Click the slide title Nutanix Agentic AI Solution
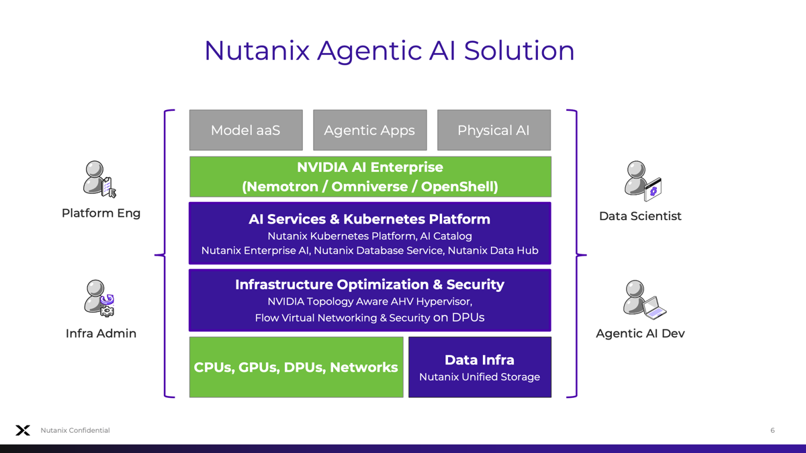[389, 51]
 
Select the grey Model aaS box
[246, 130]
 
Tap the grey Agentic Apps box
[369, 130]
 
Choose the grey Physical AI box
[494, 130]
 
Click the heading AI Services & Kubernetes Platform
[369, 219]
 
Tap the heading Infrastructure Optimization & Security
[369, 285]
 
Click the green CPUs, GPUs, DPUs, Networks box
[296, 367]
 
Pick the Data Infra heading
[480, 360]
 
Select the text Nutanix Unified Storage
[480, 377]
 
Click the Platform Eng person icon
[99, 179]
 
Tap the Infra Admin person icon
[99, 298]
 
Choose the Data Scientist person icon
[641, 181]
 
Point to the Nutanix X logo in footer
[23, 430]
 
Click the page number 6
[772, 430]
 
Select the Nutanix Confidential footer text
[75, 430]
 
